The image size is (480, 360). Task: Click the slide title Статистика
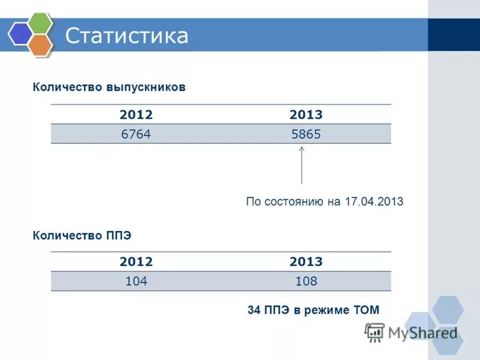[127, 35]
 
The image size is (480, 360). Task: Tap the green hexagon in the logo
[40, 24]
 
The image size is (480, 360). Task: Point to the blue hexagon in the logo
[20, 34]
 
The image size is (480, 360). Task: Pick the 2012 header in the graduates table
[136, 115]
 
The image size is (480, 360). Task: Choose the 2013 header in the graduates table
[306, 115]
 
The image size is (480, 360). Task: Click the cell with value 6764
[136, 134]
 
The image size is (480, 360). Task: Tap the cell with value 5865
[306, 134]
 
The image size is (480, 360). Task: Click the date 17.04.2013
[374, 202]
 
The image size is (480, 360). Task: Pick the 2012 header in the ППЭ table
[136, 262]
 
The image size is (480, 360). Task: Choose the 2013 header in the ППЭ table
[306, 262]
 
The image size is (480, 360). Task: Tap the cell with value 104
[136, 281]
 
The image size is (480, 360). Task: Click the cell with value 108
[306, 281]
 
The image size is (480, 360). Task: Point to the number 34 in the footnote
[254, 310]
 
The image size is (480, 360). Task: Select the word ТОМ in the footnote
[366, 310]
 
